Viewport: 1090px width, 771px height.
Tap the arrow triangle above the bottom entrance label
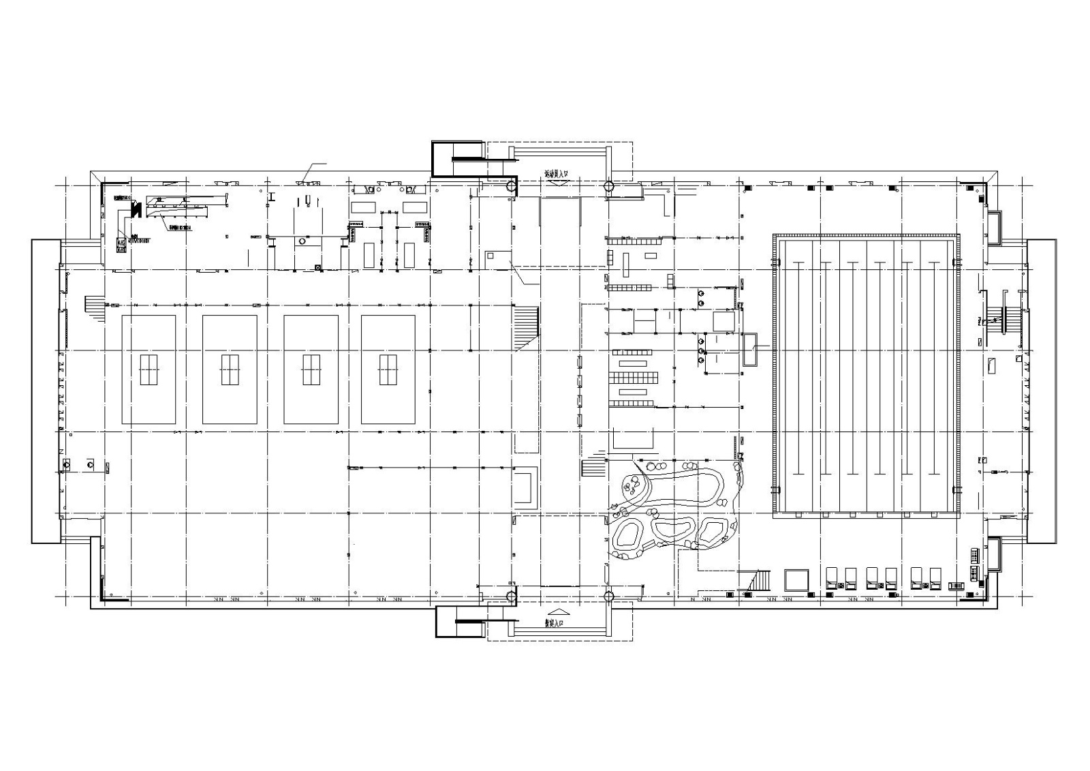pos(556,612)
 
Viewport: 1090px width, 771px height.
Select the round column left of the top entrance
pos(510,185)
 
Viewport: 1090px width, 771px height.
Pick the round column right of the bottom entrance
pos(608,597)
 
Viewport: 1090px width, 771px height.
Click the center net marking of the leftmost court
pos(149,369)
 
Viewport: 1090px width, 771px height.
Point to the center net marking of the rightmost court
pos(388,369)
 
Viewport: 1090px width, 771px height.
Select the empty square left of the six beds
pos(796,580)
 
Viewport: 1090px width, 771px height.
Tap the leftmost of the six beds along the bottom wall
pos(832,578)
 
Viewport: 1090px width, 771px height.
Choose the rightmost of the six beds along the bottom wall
pos(935,578)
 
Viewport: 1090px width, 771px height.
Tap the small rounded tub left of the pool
pos(751,350)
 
